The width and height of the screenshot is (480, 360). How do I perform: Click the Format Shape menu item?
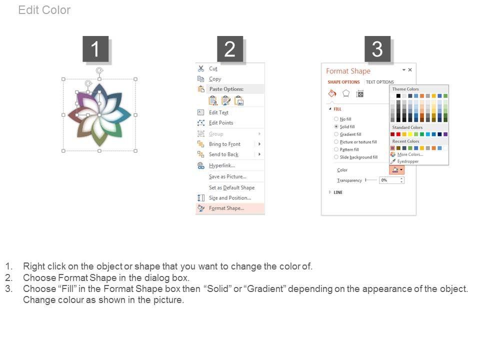(226, 208)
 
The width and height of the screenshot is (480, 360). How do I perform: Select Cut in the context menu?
(213, 68)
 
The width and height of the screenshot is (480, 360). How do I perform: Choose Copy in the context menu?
(215, 79)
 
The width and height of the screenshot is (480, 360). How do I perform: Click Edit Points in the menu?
(221, 123)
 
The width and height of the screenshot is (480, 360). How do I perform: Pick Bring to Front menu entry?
(224, 144)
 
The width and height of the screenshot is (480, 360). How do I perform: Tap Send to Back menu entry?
(224, 154)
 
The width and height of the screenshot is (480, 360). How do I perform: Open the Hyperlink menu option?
(222, 165)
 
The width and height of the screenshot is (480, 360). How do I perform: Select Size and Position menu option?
(230, 198)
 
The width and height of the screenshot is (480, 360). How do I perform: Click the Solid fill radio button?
(336, 126)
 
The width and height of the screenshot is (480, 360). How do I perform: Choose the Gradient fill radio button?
(336, 134)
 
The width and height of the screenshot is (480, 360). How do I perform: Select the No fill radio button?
(336, 119)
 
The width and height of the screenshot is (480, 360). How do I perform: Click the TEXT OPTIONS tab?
(380, 82)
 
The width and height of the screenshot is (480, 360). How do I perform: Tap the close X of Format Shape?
(410, 70)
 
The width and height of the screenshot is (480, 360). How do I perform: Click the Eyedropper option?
(408, 161)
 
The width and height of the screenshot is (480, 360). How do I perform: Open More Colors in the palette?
(410, 154)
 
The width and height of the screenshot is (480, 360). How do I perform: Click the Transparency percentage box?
(391, 180)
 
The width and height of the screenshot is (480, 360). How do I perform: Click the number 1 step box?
(95, 49)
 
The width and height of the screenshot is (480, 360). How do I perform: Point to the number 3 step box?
(377, 49)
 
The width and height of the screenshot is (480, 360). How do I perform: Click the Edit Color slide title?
(44, 10)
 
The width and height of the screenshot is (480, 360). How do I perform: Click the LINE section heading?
(338, 192)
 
